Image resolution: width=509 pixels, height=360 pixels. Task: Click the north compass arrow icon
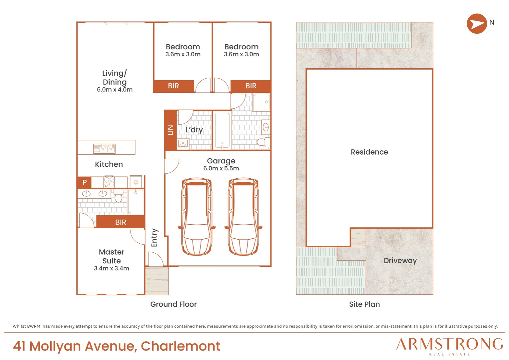click(477, 23)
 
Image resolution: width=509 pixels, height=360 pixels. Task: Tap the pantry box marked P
click(85, 182)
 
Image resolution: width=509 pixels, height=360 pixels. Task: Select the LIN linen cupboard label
click(171, 130)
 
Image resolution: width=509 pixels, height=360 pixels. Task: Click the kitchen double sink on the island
click(104, 148)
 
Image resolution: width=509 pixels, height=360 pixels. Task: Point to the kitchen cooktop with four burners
click(109, 182)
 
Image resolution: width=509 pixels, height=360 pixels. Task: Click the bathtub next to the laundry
click(222, 130)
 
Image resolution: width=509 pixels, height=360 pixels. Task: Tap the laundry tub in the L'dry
click(183, 144)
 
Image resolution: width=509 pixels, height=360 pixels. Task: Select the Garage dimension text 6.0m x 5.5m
click(221, 168)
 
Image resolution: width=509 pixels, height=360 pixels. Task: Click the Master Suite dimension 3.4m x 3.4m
click(112, 268)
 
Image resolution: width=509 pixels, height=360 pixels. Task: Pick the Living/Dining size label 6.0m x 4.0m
click(115, 90)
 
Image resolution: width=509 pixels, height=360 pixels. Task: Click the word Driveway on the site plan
click(400, 261)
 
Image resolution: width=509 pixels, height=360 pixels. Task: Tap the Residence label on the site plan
click(369, 152)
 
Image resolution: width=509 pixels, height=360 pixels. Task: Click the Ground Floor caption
click(173, 304)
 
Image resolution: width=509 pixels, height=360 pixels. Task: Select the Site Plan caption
click(364, 304)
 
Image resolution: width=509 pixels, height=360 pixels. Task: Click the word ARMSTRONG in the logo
click(449, 344)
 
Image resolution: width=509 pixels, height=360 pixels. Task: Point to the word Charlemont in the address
click(181, 346)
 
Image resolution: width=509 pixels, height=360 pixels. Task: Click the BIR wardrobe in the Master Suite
click(121, 222)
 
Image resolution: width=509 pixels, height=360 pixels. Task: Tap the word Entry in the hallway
click(154, 238)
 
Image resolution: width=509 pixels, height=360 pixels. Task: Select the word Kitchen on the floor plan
click(109, 164)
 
